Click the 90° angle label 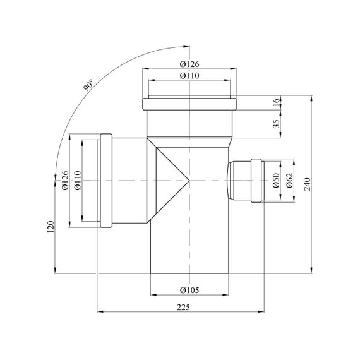[x=88, y=85]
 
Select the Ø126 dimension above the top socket [x=189, y=64]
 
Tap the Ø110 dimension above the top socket [x=189, y=76]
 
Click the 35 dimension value [x=277, y=124]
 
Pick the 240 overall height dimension [x=307, y=184]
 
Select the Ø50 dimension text [x=277, y=181]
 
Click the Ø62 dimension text [x=290, y=181]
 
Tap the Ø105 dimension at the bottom [x=189, y=290]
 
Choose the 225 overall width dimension [x=183, y=307]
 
